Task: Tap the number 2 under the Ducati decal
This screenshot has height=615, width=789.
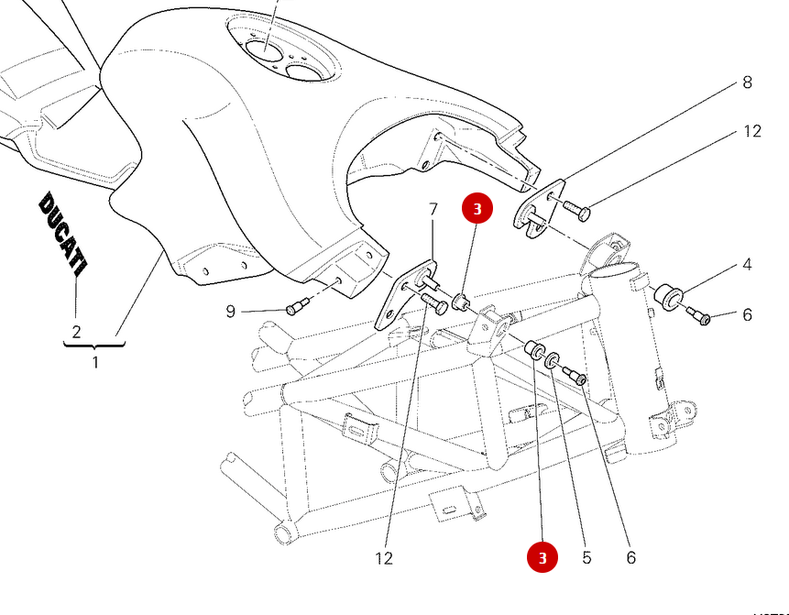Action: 76,332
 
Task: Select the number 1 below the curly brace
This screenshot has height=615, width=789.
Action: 95,362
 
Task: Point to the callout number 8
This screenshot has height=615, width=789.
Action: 747,82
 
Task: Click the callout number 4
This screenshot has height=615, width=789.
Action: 747,266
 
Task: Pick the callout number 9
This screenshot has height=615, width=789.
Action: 231,312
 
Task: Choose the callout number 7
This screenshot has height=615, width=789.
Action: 433,210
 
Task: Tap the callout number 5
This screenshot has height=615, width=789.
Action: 586,556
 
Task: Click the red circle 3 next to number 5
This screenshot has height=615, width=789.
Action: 542,556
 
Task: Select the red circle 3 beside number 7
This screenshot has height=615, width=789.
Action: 477,208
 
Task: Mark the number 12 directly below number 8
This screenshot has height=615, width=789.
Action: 751,132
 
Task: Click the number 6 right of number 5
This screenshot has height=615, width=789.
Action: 630,556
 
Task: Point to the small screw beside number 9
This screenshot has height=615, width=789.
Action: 296,308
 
